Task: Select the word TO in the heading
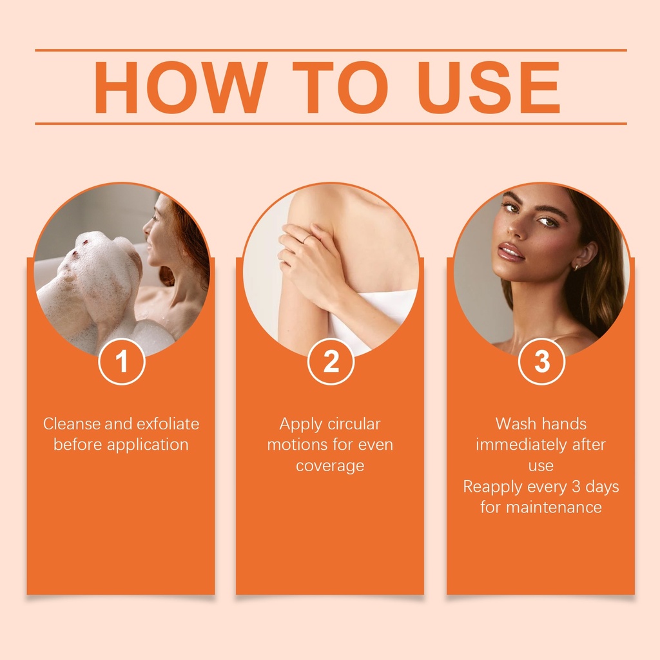[x=340, y=87]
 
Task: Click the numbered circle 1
[x=122, y=361]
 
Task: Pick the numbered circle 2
[x=331, y=361]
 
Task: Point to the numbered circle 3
[x=541, y=361]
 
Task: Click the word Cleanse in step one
[x=72, y=424]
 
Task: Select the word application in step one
[x=148, y=445]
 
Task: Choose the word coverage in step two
[x=330, y=467]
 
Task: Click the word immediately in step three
[x=520, y=445]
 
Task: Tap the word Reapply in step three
[x=492, y=487]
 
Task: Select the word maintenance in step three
[x=554, y=508]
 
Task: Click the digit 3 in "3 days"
[x=576, y=487]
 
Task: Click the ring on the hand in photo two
[x=306, y=239]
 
